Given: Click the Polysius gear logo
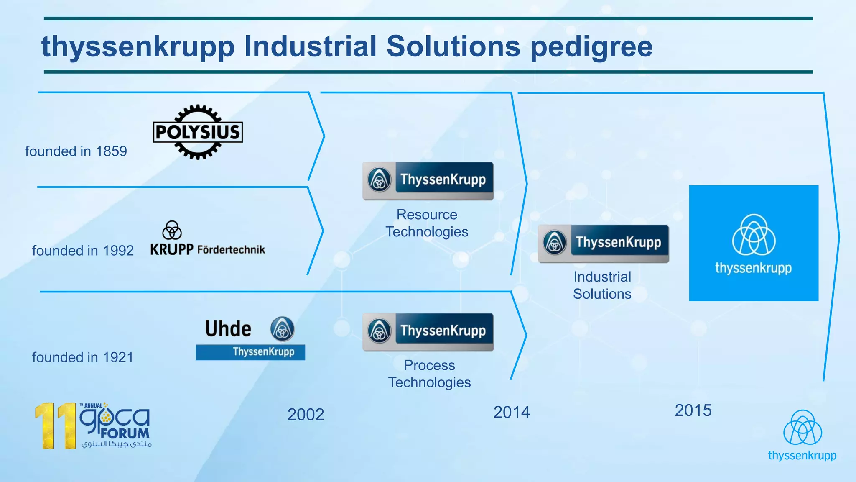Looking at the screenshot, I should click(x=198, y=132).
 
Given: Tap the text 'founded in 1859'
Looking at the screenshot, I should click(x=76, y=151).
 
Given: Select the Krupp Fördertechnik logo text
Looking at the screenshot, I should click(x=208, y=250).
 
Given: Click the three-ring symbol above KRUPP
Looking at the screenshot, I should click(x=172, y=230).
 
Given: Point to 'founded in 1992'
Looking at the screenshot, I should click(x=83, y=251).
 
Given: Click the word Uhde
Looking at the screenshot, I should click(x=228, y=329).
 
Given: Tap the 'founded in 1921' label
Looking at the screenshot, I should click(x=83, y=357).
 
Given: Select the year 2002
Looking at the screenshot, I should click(x=306, y=415).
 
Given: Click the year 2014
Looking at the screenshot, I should click(x=511, y=413).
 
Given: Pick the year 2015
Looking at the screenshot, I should click(x=693, y=410).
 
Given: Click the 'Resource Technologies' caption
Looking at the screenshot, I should click(x=427, y=223).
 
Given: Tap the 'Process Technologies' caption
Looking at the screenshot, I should click(x=429, y=374).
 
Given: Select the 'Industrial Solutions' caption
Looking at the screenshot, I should click(x=602, y=285).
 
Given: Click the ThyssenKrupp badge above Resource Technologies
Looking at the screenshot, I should click(x=428, y=181).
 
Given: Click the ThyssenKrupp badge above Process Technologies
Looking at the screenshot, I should click(x=428, y=332).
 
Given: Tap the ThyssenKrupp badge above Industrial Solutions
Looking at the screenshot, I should click(x=603, y=244).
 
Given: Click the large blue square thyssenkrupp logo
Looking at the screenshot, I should click(x=754, y=243).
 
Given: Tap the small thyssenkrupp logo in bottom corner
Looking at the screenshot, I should click(x=802, y=436).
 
